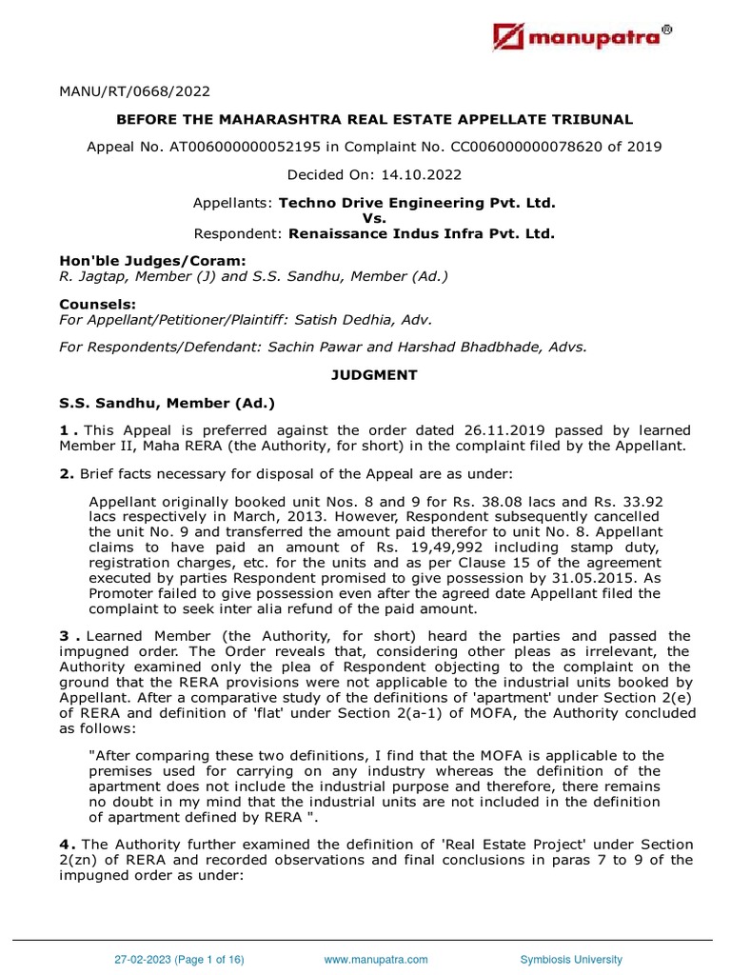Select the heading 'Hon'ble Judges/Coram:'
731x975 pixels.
[x=139, y=261]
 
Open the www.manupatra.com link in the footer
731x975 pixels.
[x=376, y=960]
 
